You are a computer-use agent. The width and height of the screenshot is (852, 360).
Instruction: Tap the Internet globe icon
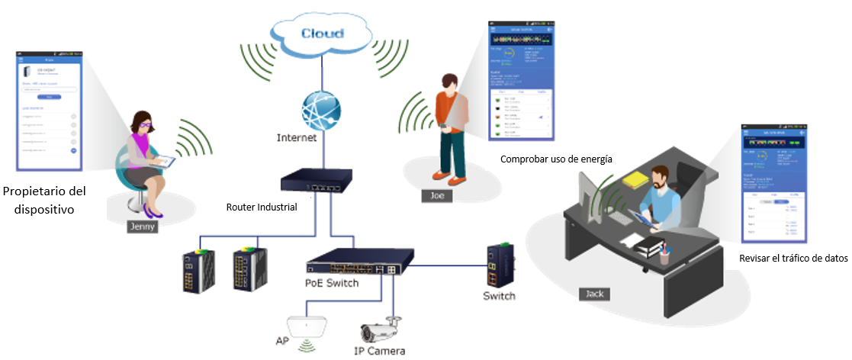pyautogui.click(x=320, y=111)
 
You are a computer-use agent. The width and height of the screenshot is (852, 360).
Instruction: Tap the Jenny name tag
pyautogui.click(x=143, y=226)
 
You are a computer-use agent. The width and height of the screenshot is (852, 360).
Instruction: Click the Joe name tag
pyautogui.click(x=437, y=195)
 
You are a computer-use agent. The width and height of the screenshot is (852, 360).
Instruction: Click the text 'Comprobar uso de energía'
pyautogui.click(x=556, y=159)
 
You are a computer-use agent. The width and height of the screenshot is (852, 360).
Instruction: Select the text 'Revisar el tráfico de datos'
pyautogui.click(x=793, y=259)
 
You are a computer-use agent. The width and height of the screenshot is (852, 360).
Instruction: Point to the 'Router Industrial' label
pyautogui.click(x=261, y=207)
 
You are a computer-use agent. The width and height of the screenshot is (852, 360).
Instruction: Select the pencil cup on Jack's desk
pyautogui.click(x=664, y=253)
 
